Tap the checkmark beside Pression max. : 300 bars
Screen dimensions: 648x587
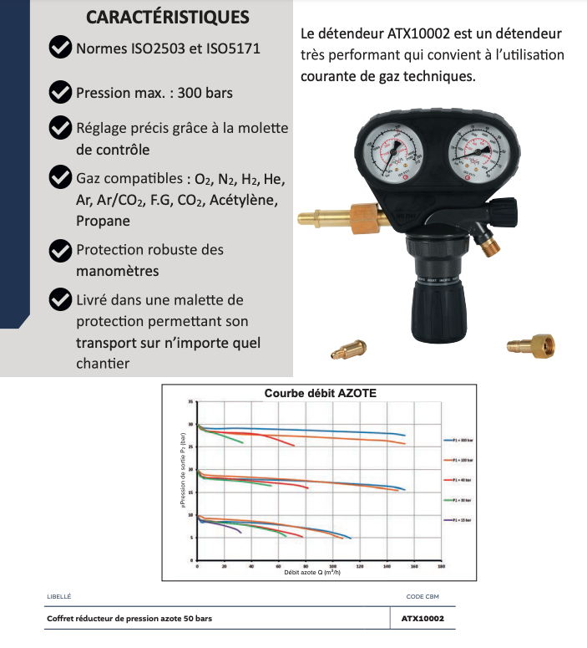[x=60, y=91]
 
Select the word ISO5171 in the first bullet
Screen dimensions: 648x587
[x=230, y=48]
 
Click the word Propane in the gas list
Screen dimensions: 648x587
[x=103, y=222]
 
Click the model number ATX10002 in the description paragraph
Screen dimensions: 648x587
[x=420, y=34]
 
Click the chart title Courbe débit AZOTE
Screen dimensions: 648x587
[x=320, y=393]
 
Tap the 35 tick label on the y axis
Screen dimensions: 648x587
[x=190, y=402]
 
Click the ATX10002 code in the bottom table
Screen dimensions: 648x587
[x=423, y=620]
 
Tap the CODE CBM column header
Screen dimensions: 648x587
[x=423, y=596]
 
